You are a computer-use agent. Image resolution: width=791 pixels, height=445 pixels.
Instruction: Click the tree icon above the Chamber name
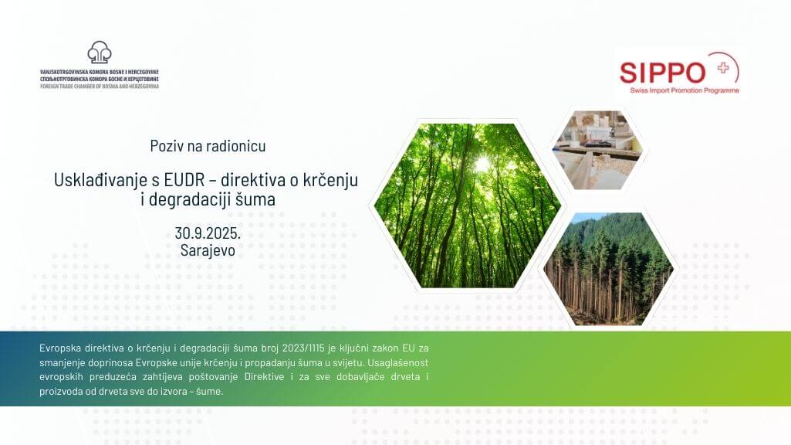click(100, 52)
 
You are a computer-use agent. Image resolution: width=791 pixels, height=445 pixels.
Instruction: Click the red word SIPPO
click(662, 73)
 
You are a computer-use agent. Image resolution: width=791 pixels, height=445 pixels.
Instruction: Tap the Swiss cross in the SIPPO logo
click(723, 68)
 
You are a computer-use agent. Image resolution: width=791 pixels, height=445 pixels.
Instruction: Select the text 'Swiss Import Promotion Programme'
click(684, 90)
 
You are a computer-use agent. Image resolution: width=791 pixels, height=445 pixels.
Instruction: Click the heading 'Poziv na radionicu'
click(208, 146)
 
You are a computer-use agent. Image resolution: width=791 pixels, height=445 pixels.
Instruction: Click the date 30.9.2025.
click(208, 233)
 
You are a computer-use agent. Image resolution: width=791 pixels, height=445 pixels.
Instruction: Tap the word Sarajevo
click(208, 250)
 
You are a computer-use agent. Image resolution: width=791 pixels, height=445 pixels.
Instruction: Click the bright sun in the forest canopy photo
click(483, 164)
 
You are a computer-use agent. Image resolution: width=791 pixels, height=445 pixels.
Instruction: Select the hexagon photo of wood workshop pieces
click(597, 150)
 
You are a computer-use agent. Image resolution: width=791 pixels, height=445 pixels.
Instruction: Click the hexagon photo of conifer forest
click(608, 269)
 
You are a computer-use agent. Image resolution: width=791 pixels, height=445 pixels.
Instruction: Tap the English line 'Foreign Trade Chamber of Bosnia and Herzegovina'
click(100, 87)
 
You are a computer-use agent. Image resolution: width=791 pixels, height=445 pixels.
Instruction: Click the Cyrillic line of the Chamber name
click(100, 80)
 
